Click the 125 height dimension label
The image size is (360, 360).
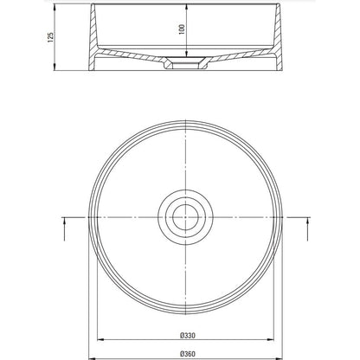tap(50, 37)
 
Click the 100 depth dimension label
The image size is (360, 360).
tap(182, 29)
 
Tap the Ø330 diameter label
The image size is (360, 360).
tap(188, 336)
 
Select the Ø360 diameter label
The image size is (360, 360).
tap(188, 354)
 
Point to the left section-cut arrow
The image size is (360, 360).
tap(64, 229)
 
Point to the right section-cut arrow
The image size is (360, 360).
tap(308, 229)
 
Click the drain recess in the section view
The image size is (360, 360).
tap(185, 63)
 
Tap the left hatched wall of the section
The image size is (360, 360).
tap(93, 37)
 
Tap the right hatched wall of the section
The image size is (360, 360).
tap(278, 37)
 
